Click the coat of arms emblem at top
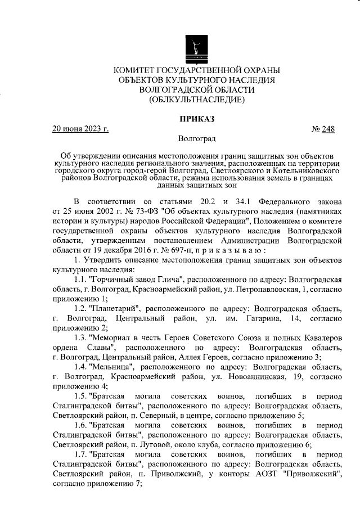[x=196, y=47]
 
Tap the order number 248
[x=328, y=129]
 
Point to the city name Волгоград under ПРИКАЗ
[x=196, y=138]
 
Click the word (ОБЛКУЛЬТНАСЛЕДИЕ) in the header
[x=196, y=100]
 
